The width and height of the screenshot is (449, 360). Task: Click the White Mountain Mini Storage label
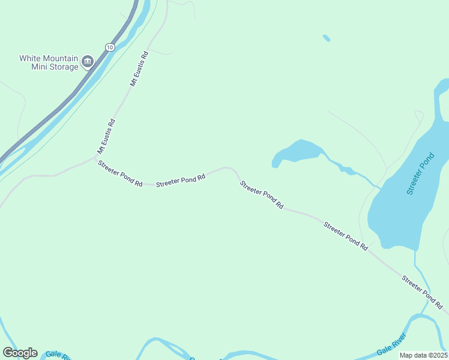pyautogui.click(x=49, y=62)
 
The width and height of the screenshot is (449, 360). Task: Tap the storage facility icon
pyautogui.click(x=88, y=60)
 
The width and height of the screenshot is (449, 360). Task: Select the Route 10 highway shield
pyautogui.click(x=109, y=46)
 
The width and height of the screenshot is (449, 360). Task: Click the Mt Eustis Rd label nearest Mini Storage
pyautogui.click(x=137, y=70)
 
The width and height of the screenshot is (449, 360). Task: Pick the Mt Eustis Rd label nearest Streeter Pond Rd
pyautogui.click(x=106, y=136)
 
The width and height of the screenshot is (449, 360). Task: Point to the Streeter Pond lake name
pyautogui.click(x=420, y=174)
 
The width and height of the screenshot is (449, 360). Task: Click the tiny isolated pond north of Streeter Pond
pyautogui.click(x=326, y=38)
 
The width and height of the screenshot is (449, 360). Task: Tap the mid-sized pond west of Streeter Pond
pyautogui.click(x=297, y=152)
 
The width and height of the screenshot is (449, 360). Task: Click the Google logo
pyautogui.click(x=20, y=353)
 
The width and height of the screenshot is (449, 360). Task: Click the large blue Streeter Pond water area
pyautogui.click(x=402, y=204)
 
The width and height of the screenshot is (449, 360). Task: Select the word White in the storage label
pyautogui.click(x=31, y=58)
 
